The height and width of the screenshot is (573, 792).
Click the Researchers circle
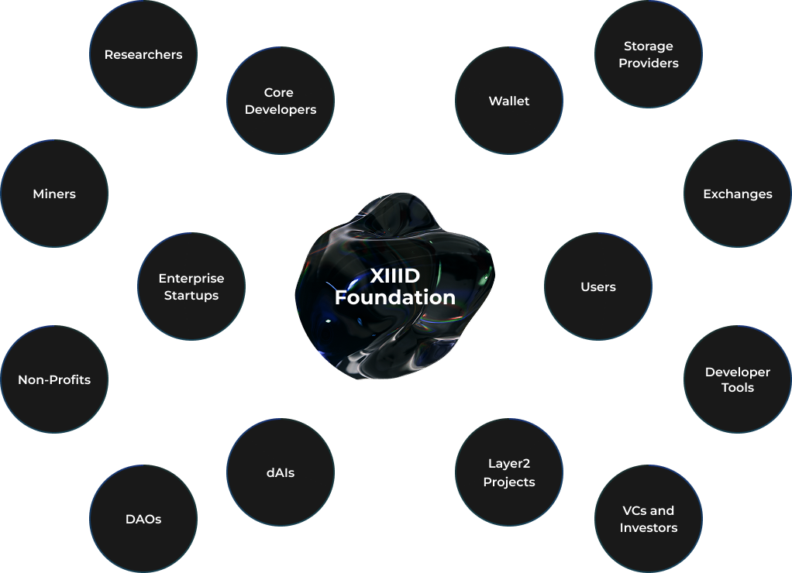143,54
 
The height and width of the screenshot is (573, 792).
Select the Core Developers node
281,101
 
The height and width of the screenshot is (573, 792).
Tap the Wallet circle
509,101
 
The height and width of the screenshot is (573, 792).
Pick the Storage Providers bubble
649,54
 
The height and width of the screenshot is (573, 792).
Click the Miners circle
54,194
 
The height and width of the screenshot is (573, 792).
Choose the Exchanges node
738,194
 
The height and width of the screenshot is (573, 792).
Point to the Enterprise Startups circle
191,286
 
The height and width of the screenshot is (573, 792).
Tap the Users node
598,286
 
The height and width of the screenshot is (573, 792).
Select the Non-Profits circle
54,379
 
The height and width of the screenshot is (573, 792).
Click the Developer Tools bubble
738,379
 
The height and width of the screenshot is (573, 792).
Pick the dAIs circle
281,472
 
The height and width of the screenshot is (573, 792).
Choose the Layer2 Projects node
509,472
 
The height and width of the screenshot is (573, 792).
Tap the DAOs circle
143,519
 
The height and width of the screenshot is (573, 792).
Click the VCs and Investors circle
649,519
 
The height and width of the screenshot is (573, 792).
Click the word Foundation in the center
395,297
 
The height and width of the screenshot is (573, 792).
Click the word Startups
191,295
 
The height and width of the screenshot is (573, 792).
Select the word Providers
649,63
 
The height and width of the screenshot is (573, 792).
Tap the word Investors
649,527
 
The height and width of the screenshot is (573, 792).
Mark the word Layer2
509,464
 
